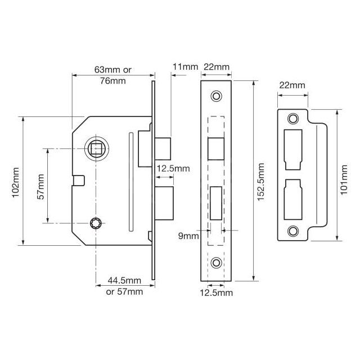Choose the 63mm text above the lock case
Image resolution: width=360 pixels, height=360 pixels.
coord(112,70)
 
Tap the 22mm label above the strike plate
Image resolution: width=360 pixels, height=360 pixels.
coord(291,85)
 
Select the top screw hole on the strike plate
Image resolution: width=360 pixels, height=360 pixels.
coord(292,119)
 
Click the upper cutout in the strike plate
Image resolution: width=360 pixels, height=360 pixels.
coord(293,149)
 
